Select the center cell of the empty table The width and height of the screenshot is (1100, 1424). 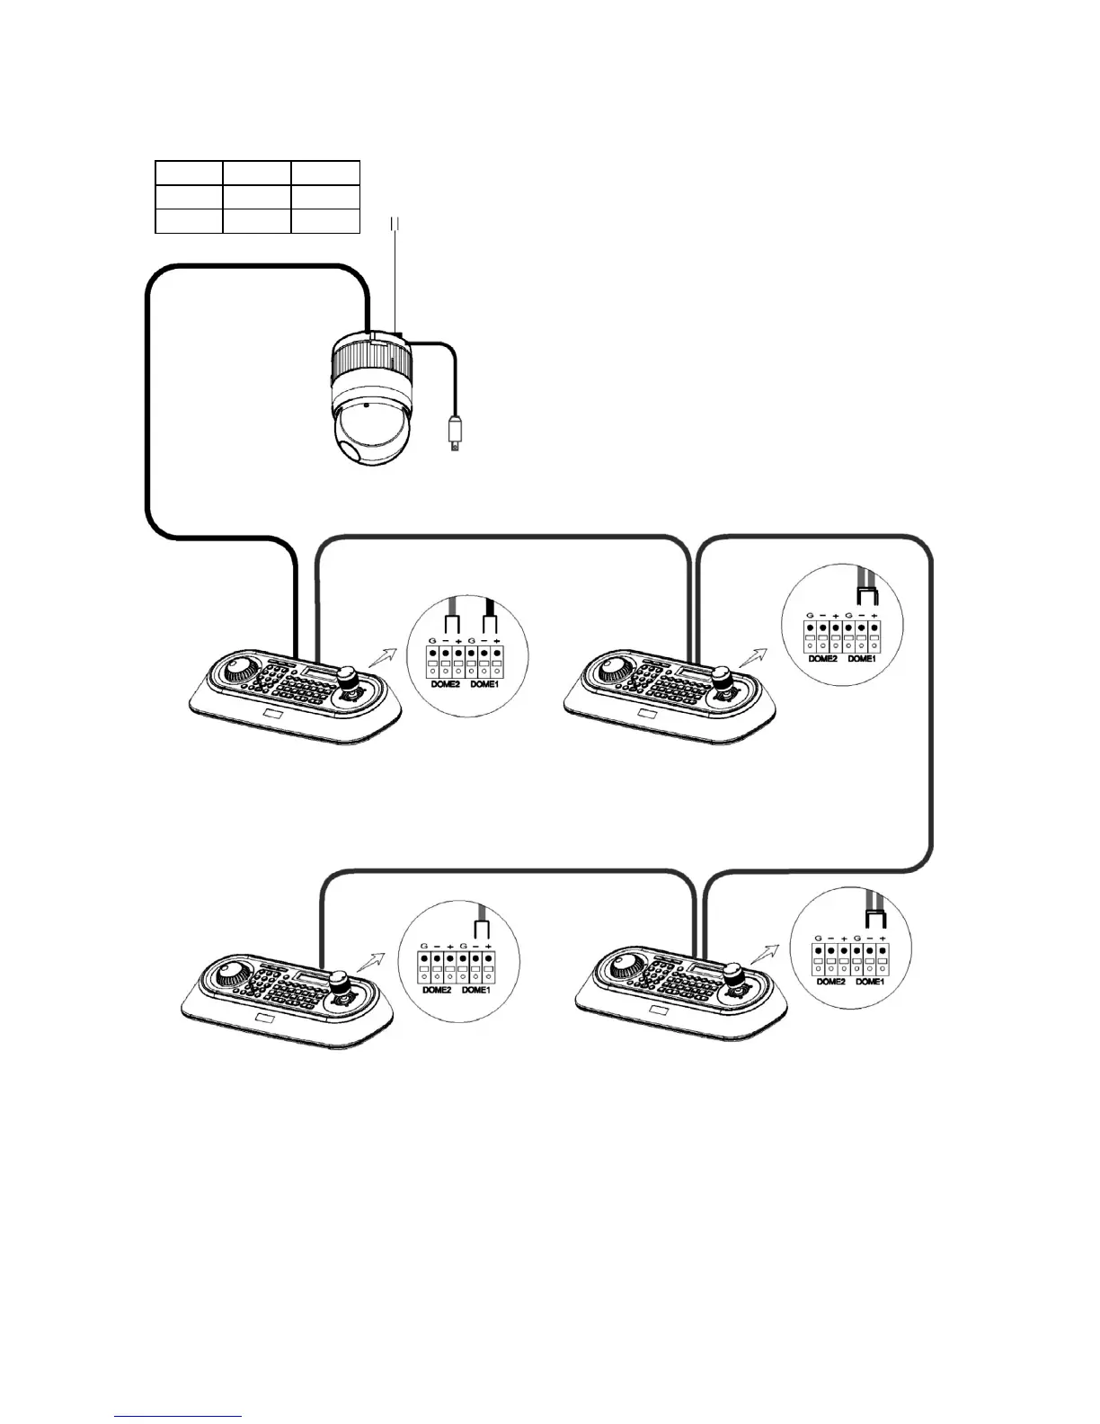pyautogui.click(x=257, y=197)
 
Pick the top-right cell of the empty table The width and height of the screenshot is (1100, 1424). pyautogui.click(x=325, y=174)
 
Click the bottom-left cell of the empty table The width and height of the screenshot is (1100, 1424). pyautogui.click(x=189, y=220)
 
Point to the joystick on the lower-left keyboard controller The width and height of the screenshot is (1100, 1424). pyautogui.click(x=339, y=983)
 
